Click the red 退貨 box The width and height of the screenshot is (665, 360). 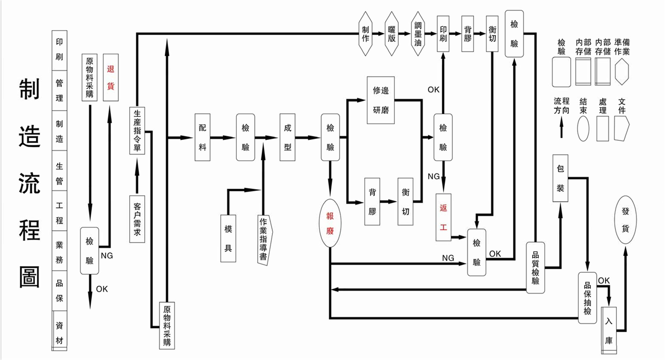(111, 77)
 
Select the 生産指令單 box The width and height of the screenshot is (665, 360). (137, 131)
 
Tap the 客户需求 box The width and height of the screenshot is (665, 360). (137, 219)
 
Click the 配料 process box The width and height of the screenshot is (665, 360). (202, 137)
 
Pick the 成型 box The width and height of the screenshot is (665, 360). (287, 137)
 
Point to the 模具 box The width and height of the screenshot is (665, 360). (228, 238)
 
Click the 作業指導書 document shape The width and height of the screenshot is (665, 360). (265, 240)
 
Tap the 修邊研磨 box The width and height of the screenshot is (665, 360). (381, 100)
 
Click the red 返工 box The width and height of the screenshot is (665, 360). (443, 217)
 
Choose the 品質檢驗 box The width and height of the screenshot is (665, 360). (535, 267)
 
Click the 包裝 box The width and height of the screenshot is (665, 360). (561, 178)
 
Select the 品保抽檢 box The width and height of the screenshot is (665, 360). (587, 298)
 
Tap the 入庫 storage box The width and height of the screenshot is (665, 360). (609, 330)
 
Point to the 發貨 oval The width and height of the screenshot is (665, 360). (625, 220)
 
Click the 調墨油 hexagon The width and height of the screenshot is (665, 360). (418, 34)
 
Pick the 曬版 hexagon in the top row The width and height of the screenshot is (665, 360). (392, 34)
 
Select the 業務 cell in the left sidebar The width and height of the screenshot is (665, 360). (59, 251)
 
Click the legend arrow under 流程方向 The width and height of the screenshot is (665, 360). (561, 129)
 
